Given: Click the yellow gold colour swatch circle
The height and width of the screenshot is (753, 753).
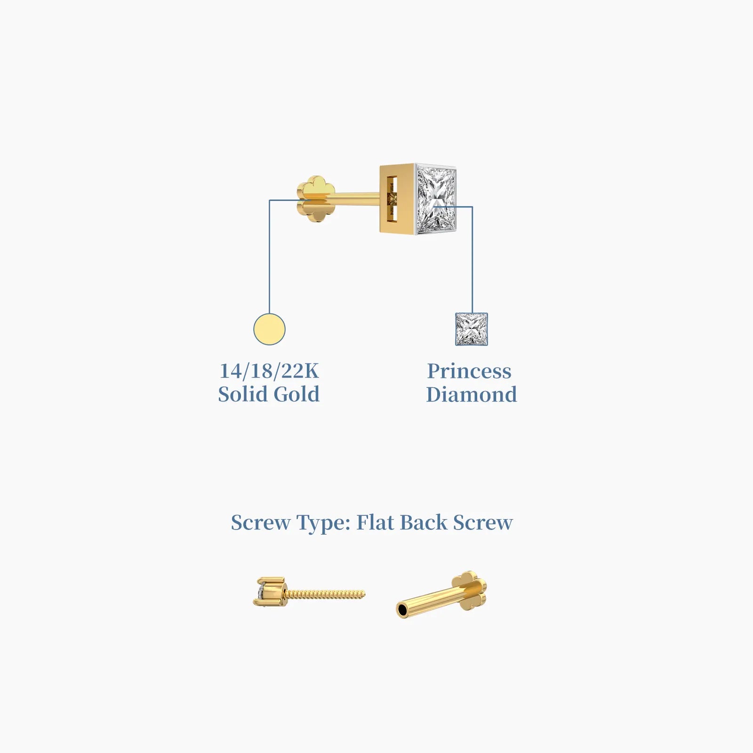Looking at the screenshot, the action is [269, 329].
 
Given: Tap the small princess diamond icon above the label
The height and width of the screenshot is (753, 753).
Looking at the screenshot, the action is [472, 329].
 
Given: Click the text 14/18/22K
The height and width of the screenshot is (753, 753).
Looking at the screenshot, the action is [269, 371].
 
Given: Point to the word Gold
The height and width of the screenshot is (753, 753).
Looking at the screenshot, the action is [296, 394].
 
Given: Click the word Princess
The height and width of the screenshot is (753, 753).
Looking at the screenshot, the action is [469, 371].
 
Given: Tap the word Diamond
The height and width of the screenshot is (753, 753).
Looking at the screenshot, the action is [472, 394].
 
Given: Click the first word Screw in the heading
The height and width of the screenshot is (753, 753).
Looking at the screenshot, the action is [261, 522].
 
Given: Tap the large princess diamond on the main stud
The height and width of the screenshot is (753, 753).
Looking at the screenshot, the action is [436, 200].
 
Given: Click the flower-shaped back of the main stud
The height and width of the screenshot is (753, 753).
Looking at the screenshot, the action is [316, 199].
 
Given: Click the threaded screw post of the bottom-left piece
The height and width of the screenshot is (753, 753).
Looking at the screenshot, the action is [325, 594].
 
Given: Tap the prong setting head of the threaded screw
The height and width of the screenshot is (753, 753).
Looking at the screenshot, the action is [269, 592].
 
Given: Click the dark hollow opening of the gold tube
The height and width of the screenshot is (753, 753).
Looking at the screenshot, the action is [402, 610].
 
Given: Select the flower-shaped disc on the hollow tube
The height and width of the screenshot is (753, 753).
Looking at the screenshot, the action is [468, 591].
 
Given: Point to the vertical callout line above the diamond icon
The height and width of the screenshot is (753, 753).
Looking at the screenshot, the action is [472, 259].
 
